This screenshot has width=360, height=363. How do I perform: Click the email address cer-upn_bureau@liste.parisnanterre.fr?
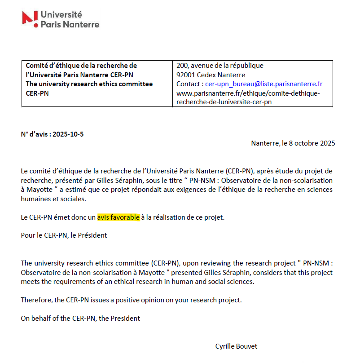pyautogui.click(x=264, y=84)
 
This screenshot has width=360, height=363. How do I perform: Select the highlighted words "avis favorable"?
pyautogui.click(x=119, y=217)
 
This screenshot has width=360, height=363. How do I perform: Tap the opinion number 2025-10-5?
pyautogui.click(x=68, y=134)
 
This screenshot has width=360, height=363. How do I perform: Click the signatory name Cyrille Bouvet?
pyautogui.click(x=237, y=346)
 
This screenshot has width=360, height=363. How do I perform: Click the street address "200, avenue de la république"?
pyautogui.click(x=220, y=66)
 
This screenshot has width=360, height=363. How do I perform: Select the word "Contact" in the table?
pyautogui.click(x=189, y=84)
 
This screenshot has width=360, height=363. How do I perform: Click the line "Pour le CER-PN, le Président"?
pyautogui.click(x=64, y=235)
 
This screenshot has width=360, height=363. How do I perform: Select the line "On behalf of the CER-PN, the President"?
pyautogui.click(x=80, y=318)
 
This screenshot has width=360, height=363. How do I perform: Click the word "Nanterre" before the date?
pyautogui.click(x=265, y=144)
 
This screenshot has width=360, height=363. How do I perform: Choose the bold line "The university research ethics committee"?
pyautogui.click(x=89, y=84)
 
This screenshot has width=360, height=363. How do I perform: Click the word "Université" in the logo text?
pyautogui.click(x=61, y=14)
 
